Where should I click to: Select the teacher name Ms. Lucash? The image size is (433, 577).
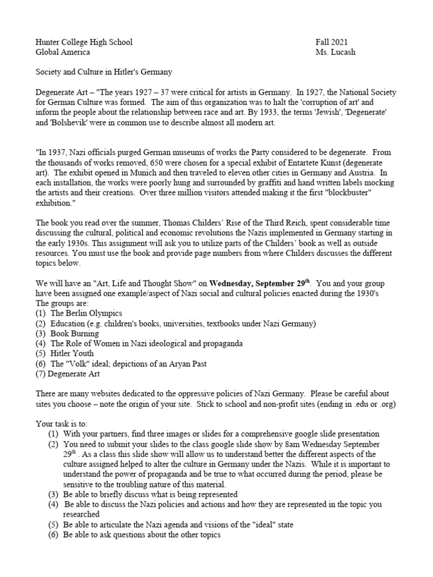coord(337,52)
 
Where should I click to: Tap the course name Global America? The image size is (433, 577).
coord(63,52)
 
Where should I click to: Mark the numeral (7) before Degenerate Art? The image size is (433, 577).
coord(41,374)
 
